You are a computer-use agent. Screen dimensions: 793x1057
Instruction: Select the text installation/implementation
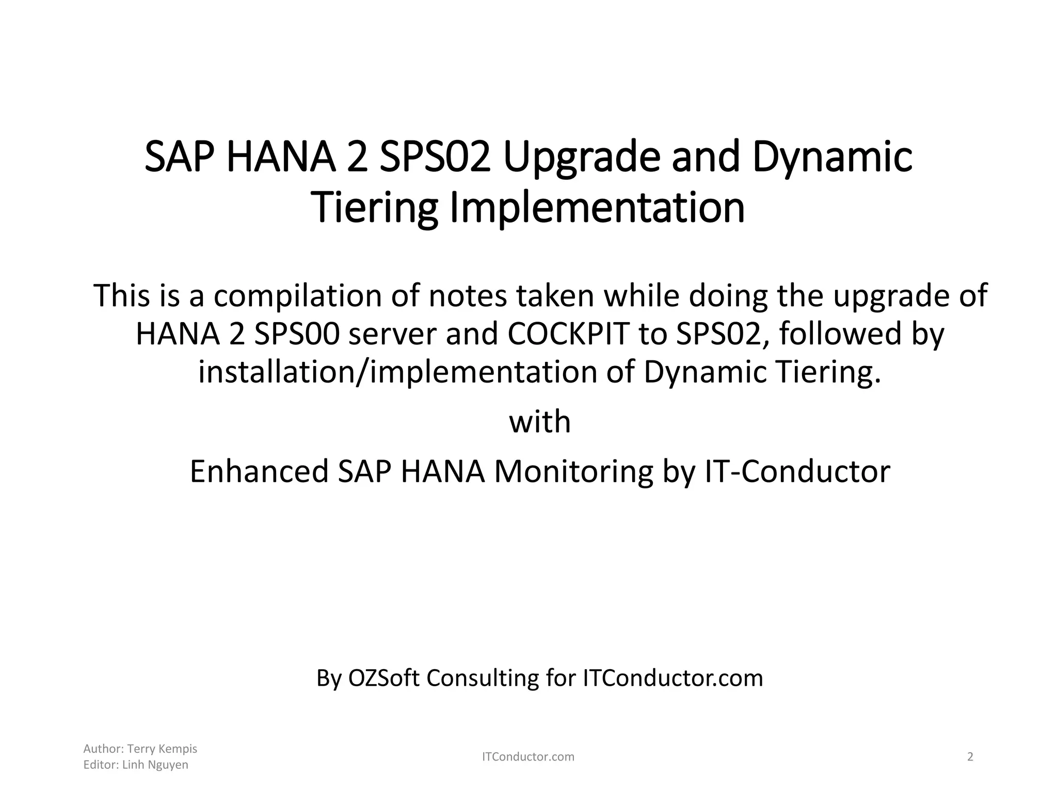pyautogui.click(x=398, y=372)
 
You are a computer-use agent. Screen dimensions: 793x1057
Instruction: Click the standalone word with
pyautogui.click(x=540, y=422)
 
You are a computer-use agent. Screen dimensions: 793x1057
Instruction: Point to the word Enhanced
pyautogui.click(x=259, y=471)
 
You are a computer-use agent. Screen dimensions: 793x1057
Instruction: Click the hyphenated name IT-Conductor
pyautogui.click(x=797, y=471)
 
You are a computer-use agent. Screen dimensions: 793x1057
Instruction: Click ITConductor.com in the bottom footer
pyautogui.click(x=528, y=757)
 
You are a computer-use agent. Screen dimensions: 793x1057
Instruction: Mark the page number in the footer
pyautogui.click(x=970, y=757)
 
